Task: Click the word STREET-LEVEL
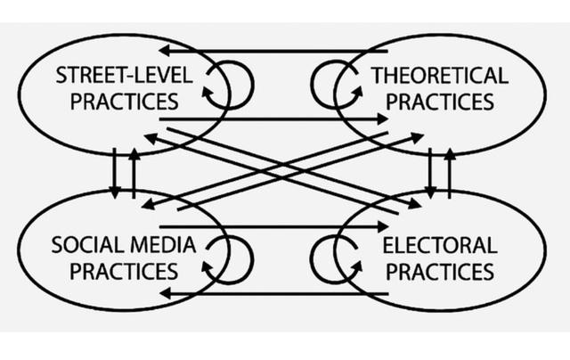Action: click(124, 75)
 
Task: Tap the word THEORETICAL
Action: click(439, 75)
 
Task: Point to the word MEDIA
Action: click(163, 245)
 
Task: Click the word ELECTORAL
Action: click(440, 245)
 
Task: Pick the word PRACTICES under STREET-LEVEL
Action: click(124, 102)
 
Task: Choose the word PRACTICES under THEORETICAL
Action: click(439, 102)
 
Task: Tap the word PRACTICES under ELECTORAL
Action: click(439, 271)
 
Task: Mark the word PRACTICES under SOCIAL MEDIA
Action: click(124, 271)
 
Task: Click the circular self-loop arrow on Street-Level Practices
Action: click(253, 86)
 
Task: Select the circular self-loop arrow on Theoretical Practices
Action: click(312, 85)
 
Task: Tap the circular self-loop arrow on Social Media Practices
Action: click(252, 260)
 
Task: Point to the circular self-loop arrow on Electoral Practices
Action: click(312, 260)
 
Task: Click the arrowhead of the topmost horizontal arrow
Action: click(164, 52)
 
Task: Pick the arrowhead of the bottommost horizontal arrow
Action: click(164, 293)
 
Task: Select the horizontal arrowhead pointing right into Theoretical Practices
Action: click(383, 119)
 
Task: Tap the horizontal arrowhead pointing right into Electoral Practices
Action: click(383, 226)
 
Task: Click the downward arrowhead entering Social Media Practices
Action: click(115, 193)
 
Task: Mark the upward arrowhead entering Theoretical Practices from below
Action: click(450, 154)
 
